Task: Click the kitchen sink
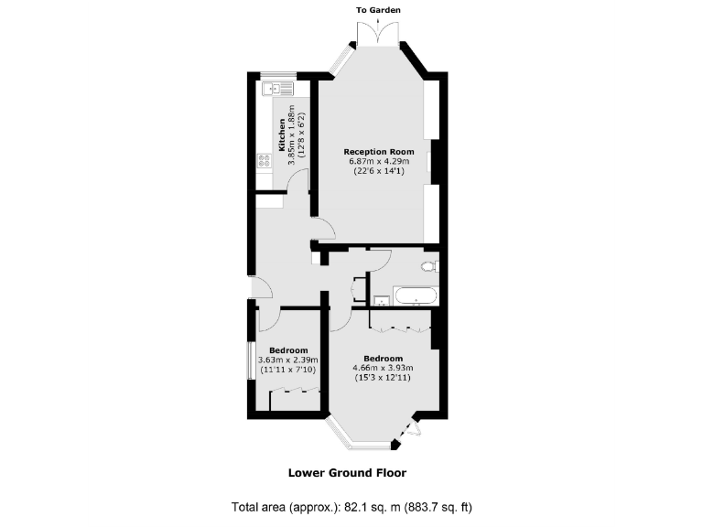(276, 89)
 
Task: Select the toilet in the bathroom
(427, 266)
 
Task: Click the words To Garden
(378, 10)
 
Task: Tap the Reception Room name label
(378, 151)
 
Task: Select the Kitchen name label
(282, 135)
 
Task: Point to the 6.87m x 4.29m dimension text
(378, 162)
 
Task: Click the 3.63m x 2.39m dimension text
(287, 360)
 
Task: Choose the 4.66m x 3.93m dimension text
(383, 368)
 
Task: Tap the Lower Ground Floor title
(347, 473)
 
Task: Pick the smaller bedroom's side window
(251, 360)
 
